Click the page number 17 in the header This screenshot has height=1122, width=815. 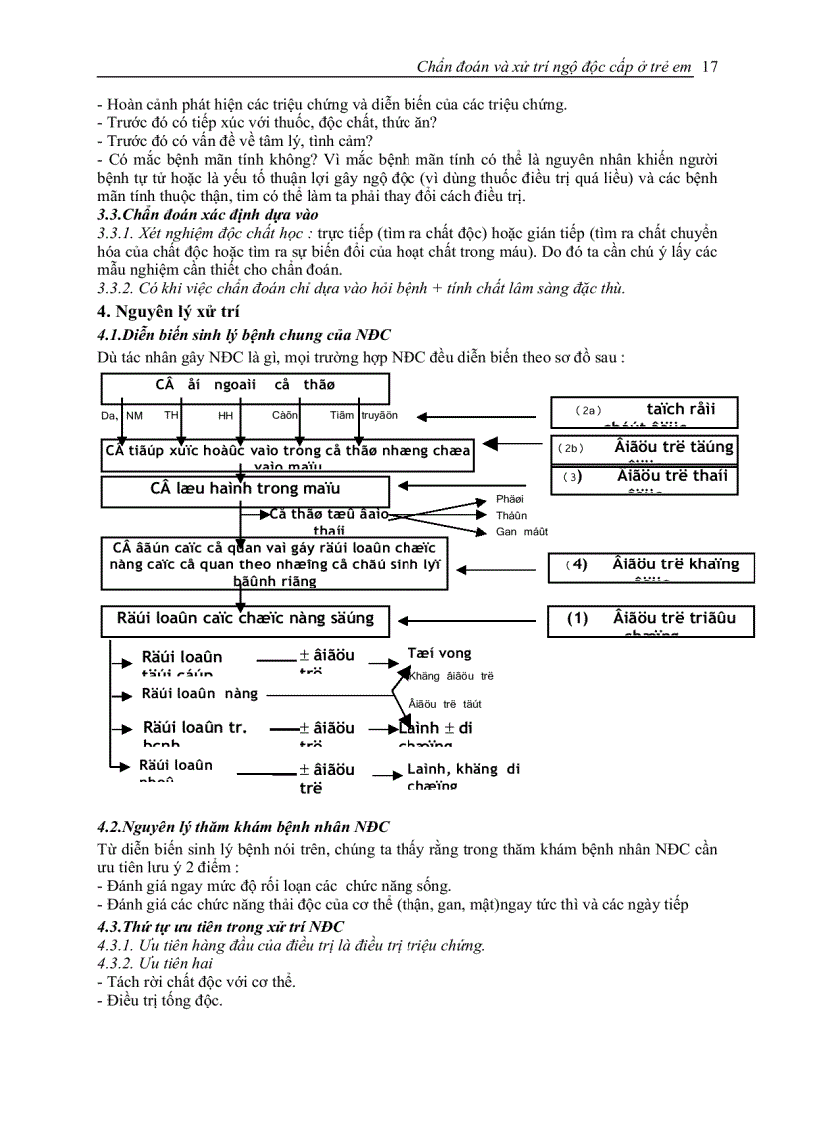pyautogui.click(x=710, y=67)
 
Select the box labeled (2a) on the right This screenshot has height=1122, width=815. pyautogui.click(x=646, y=411)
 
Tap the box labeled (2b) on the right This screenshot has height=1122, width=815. pyautogui.click(x=646, y=448)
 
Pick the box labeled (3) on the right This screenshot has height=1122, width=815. pyautogui.click(x=646, y=478)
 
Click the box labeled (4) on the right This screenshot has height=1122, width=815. pyautogui.click(x=650, y=566)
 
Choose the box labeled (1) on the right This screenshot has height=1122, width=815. pyautogui.click(x=650, y=620)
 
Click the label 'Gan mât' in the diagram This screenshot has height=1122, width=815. pyautogui.click(x=521, y=532)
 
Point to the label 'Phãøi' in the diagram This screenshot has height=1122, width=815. pyautogui.click(x=509, y=499)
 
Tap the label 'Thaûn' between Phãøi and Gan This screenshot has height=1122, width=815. pyautogui.click(x=511, y=515)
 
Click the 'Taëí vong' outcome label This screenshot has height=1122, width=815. pyautogui.click(x=439, y=654)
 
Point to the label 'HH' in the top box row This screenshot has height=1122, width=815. pyautogui.click(x=226, y=415)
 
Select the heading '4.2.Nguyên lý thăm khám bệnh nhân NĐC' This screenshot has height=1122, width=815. pyautogui.click(x=243, y=828)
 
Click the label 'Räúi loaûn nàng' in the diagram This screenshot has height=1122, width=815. pyautogui.click(x=200, y=694)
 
